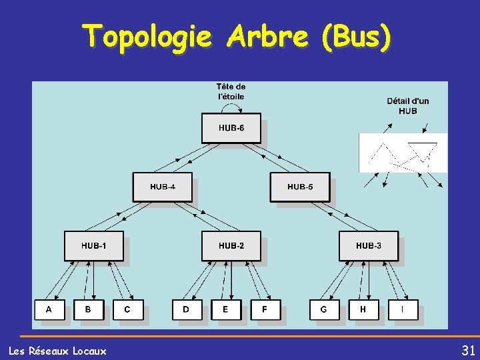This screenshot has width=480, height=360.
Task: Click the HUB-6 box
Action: [x=231, y=128]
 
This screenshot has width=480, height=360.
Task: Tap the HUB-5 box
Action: [x=299, y=187]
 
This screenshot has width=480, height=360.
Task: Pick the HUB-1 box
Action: [x=93, y=246]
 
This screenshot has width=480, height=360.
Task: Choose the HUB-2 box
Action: [x=231, y=246]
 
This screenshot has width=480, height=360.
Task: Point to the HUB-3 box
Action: [x=368, y=246]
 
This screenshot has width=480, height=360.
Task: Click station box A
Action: [x=49, y=310]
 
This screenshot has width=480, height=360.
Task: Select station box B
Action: [x=88, y=310]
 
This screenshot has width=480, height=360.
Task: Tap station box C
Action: [x=127, y=310]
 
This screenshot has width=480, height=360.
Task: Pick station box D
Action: [x=186, y=310]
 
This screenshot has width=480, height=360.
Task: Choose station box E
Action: [x=225, y=310]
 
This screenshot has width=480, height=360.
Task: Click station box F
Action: [x=265, y=310]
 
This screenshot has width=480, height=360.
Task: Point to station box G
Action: [x=323, y=310]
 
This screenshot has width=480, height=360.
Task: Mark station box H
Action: [x=363, y=310]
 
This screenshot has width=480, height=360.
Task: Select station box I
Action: [x=402, y=310]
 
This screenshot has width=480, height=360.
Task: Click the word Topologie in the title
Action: [x=148, y=37]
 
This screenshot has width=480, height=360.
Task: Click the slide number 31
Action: [x=468, y=351]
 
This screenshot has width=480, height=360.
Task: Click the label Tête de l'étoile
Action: [x=231, y=91]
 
